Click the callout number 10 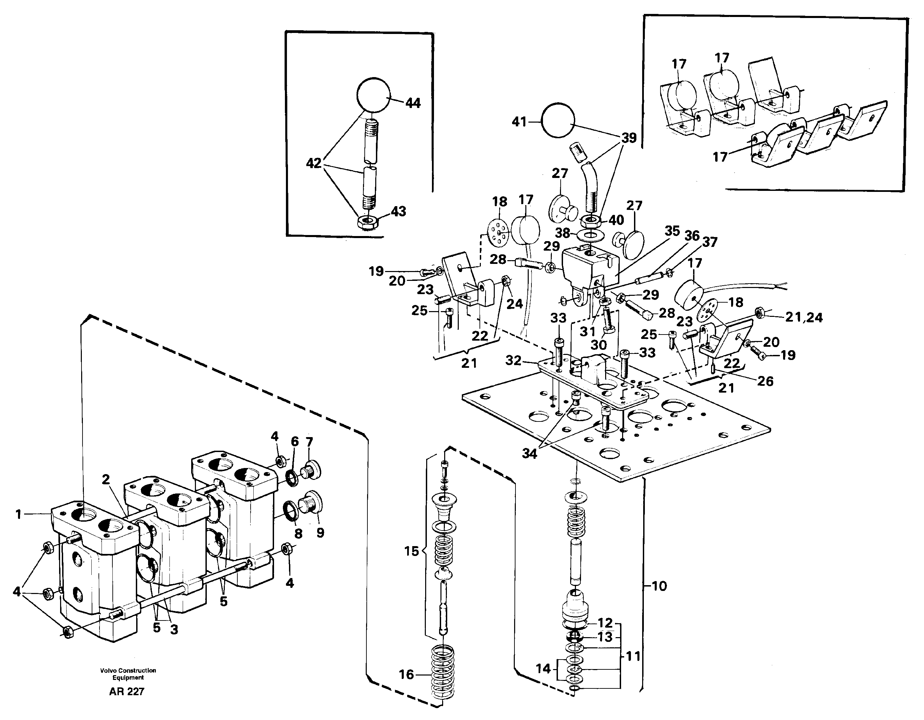(658, 586)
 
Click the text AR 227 (127, 692)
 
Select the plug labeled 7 (311, 469)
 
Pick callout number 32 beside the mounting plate (513, 360)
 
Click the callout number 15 (411, 551)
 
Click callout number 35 (672, 231)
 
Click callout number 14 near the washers (543, 668)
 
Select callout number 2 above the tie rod (106, 479)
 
